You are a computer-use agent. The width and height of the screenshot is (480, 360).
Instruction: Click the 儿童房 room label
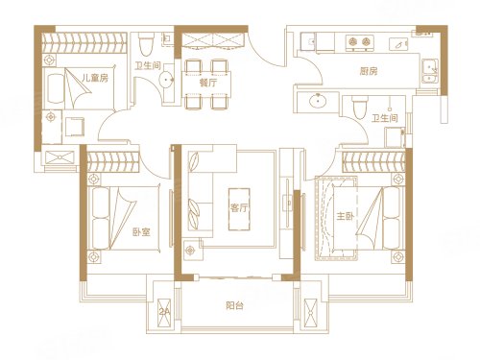pyautogui.click(x=94, y=79)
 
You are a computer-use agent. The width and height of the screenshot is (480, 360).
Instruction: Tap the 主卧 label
pyautogui.click(x=345, y=217)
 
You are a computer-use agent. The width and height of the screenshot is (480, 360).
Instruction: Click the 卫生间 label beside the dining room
pyautogui.click(x=146, y=66)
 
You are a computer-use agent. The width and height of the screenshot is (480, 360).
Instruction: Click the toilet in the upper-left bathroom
pyautogui.click(x=146, y=44)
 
